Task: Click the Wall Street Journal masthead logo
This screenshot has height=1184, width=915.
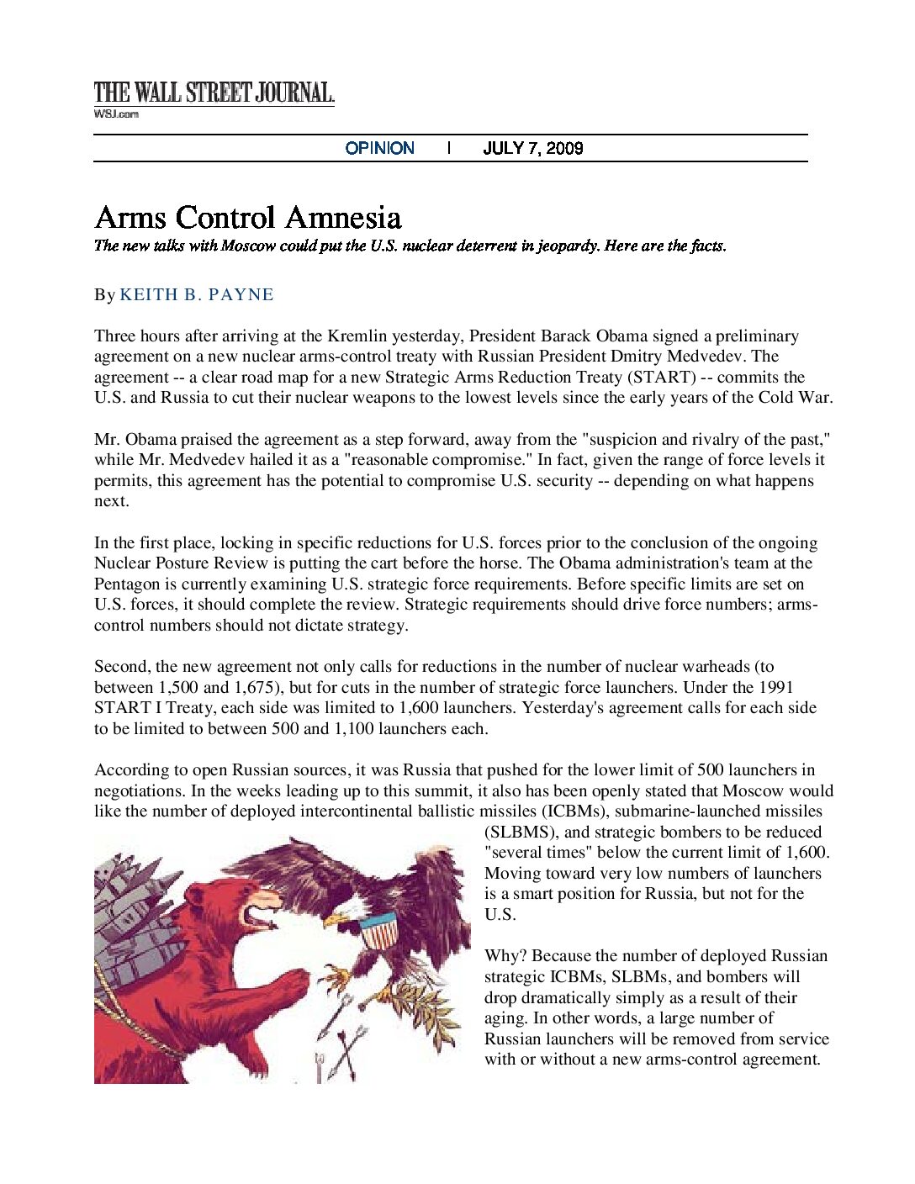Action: pos(214,92)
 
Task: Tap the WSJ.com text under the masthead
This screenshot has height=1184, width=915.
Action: pos(116,114)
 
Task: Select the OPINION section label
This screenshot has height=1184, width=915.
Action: pos(379,148)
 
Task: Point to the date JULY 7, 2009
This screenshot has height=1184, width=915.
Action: pos(532,148)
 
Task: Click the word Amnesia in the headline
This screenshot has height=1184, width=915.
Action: pos(343,218)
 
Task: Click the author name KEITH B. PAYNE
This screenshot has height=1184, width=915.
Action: pos(197,295)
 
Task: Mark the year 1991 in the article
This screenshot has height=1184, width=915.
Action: pos(775,688)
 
